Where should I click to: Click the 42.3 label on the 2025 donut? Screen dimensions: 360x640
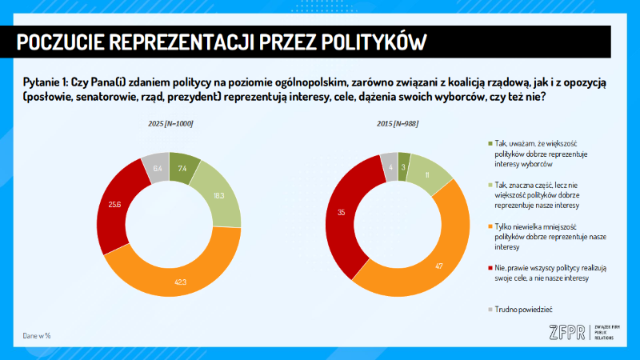pos(181,281)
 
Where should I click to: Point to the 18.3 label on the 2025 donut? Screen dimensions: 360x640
pos(219,196)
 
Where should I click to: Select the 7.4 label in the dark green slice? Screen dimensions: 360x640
pos(183,168)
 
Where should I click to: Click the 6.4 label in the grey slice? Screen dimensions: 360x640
pos(157,169)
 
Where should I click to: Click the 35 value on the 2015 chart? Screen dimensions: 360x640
pos(342,213)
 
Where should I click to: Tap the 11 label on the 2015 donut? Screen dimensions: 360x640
pos(427,174)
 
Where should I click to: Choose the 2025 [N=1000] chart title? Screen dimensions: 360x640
pos(170,123)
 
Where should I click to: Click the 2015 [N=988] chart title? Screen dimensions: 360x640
pos(398,123)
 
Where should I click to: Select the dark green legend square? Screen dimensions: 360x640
pos(490,144)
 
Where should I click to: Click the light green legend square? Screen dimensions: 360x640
pos(490,186)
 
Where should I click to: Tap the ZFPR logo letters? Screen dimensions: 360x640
pos(566,333)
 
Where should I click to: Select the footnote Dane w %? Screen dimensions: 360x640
pos(36,335)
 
